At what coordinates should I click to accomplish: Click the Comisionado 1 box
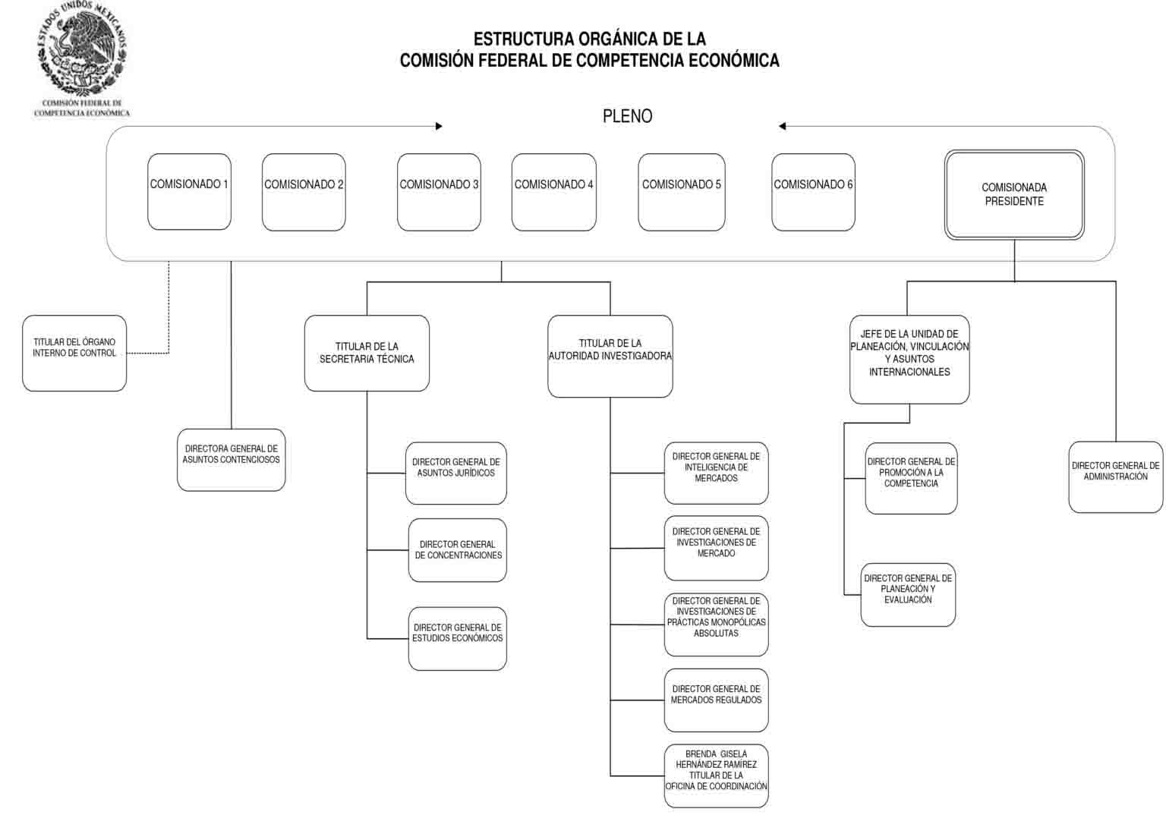(x=190, y=191)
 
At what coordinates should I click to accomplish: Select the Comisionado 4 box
(x=554, y=192)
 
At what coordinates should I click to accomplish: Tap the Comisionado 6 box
(x=813, y=192)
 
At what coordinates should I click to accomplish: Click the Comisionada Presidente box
(x=1014, y=195)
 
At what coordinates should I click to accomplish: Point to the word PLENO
(x=627, y=116)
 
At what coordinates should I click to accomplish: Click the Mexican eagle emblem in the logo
(x=82, y=49)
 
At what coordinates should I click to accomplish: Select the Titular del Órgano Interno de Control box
(x=74, y=353)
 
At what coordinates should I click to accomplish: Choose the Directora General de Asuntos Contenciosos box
(x=231, y=460)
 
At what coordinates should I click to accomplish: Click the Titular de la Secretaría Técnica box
(x=367, y=353)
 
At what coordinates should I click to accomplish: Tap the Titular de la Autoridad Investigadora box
(x=610, y=356)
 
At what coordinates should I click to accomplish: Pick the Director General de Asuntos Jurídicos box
(x=456, y=473)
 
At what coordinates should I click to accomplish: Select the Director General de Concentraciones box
(x=458, y=550)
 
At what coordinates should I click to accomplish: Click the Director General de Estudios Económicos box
(x=458, y=639)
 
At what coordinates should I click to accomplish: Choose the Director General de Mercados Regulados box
(x=717, y=700)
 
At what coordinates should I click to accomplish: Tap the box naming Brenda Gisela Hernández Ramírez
(x=717, y=776)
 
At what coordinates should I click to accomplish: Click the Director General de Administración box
(x=1115, y=477)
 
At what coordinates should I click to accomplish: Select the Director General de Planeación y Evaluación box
(x=908, y=594)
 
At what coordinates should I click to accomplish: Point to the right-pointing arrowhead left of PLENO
(x=439, y=126)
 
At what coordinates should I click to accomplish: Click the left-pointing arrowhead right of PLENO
(x=783, y=126)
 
